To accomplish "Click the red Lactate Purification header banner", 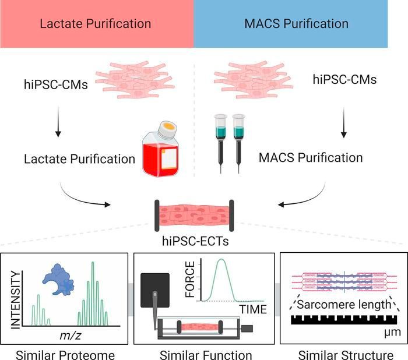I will (x=96, y=24).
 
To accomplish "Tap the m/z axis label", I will (x=69, y=338).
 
